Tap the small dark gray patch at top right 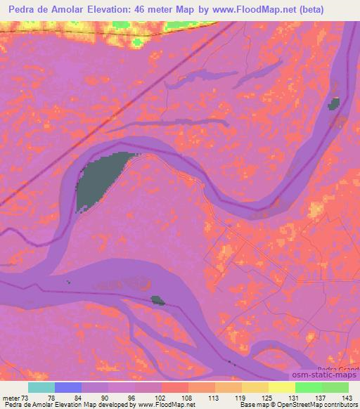click(x=333, y=104)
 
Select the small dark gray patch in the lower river click(x=158, y=300)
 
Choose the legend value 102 click(x=161, y=397)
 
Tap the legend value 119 click(x=241, y=397)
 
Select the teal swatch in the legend click(x=41, y=387)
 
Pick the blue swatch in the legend click(x=68, y=387)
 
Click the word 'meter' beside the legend click(x=10, y=397)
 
